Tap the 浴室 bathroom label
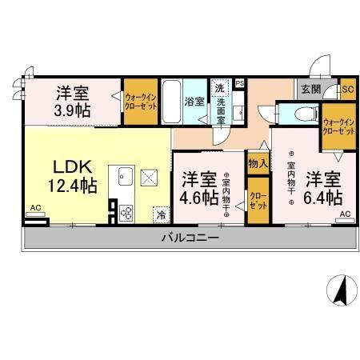tap(194, 102)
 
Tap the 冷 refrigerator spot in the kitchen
tap(161, 214)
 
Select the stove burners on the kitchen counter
tap(127, 213)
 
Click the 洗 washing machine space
tap(219, 86)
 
